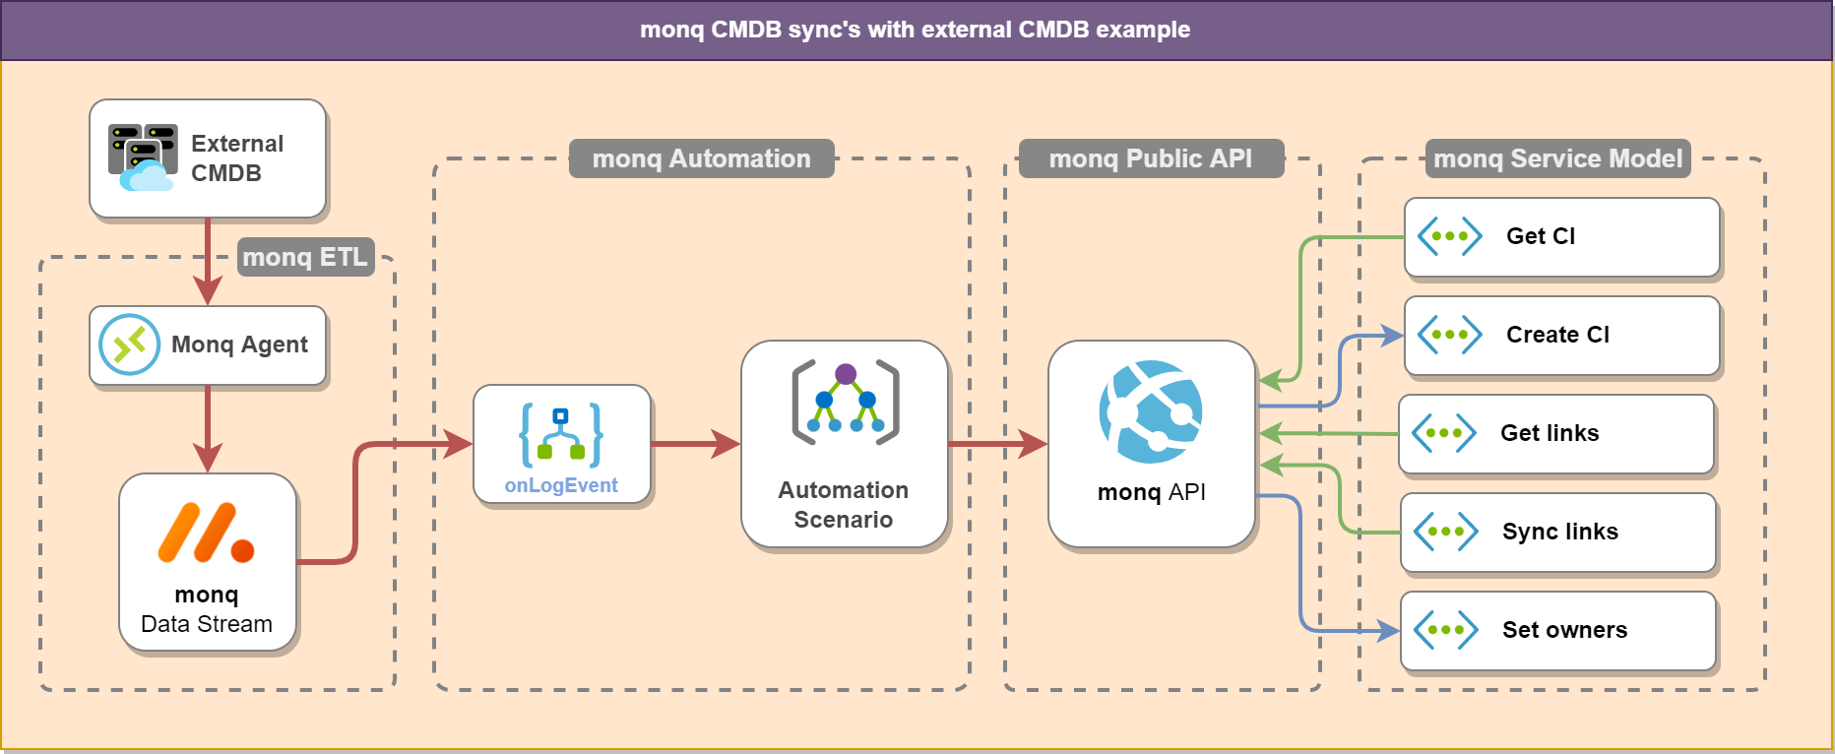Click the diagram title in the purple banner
[915, 30]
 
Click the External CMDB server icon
[142, 157]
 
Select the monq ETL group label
[305, 257]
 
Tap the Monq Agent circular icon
[129, 345]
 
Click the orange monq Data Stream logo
[206, 533]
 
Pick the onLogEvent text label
[561, 485]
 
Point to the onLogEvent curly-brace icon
[561, 434]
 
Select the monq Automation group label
[701, 158]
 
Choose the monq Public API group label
[1150, 158]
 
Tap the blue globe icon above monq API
[1151, 411]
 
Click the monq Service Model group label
[1557, 158]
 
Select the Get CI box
[1561, 237]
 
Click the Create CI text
[1557, 335]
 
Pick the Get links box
[1555, 434]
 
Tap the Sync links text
[1559, 532]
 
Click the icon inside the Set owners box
[1445, 630]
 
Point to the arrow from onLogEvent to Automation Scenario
[695, 444]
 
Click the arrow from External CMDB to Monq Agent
[207, 261]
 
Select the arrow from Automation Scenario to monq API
[996, 444]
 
